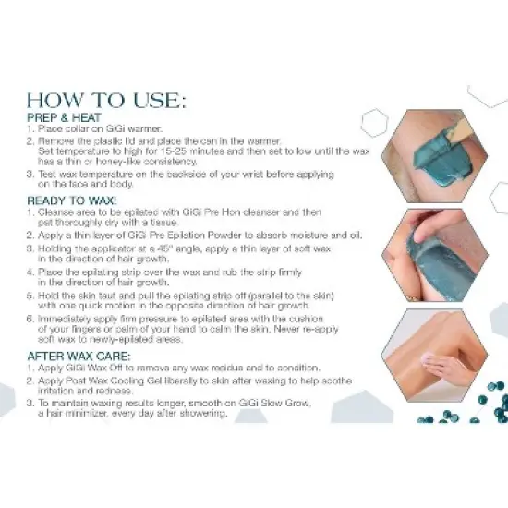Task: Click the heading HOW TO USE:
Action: point(106,99)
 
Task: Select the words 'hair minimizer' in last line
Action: point(75,413)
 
